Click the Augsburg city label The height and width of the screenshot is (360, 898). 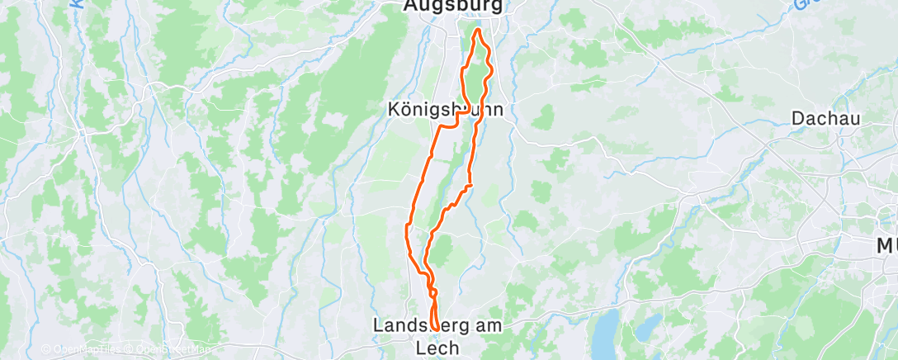pos(453,6)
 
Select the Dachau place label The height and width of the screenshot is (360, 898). pos(826,118)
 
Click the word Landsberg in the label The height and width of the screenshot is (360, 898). pos(413,326)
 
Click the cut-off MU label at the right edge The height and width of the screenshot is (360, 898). pos(887,245)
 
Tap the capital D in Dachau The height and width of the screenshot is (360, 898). pos(798,118)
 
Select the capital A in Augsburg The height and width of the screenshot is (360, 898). pos(411,6)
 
